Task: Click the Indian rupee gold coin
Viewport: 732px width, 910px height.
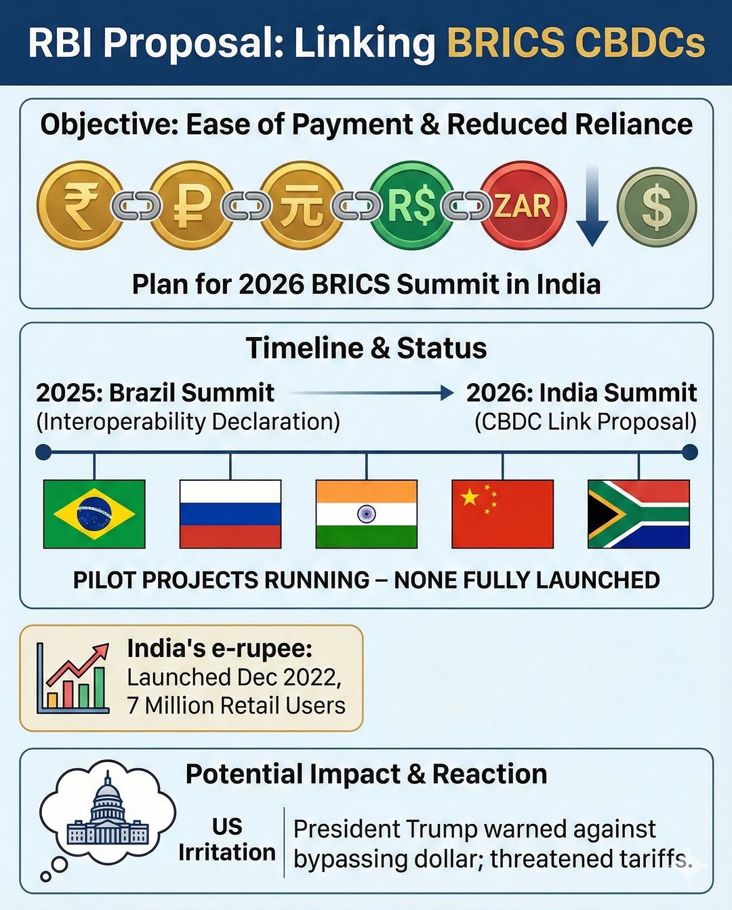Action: (x=80, y=205)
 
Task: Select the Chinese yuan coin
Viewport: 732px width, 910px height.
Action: (x=302, y=205)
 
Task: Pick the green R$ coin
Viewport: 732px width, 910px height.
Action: (x=412, y=205)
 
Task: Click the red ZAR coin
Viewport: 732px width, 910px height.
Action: (x=523, y=205)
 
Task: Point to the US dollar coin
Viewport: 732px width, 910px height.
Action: (x=656, y=207)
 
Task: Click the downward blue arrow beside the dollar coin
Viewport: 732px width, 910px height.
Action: (x=592, y=207)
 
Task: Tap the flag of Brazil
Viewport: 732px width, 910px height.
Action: (x=94, y=513)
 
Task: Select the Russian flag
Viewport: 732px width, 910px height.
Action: (x=230, y=513)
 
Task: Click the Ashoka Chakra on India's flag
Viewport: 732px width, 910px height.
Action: (x=366, y=514)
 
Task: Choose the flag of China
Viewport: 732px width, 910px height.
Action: (x=502, y=513)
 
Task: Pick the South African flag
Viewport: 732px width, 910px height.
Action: (x=638, y=513)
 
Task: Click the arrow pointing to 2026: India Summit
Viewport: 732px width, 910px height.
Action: (x=371, y=393)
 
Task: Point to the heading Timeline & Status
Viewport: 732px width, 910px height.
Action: (x=366, y=348)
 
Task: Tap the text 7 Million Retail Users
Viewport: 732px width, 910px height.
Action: (x=236, y=705)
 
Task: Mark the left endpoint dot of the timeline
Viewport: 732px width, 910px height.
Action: (x=43, y=452)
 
